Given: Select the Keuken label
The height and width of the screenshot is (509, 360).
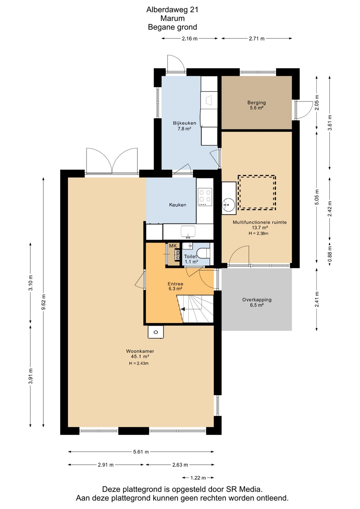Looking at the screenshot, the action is coord(178,205).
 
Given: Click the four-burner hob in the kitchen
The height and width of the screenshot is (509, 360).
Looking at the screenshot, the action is coord(205,197).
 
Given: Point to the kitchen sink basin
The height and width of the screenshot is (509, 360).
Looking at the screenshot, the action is coord(188,231).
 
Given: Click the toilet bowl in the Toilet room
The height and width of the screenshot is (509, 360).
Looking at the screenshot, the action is coord(204,253).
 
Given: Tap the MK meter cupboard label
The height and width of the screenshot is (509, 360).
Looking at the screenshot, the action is coord(173,246).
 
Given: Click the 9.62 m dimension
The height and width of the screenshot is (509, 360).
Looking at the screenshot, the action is coord(43,302).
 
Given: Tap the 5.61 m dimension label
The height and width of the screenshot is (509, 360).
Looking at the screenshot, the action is coord(141,452).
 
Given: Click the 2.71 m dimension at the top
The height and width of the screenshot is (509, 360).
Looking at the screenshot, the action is coord(257,39).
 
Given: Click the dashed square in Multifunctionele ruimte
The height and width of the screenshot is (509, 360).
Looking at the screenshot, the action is coord(257,192).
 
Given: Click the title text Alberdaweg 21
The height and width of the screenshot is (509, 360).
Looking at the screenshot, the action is coord(172,10).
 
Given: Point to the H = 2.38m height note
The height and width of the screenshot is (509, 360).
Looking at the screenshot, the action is coord(259,233).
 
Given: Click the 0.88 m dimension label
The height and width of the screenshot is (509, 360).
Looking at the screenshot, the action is coord(330,253).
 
